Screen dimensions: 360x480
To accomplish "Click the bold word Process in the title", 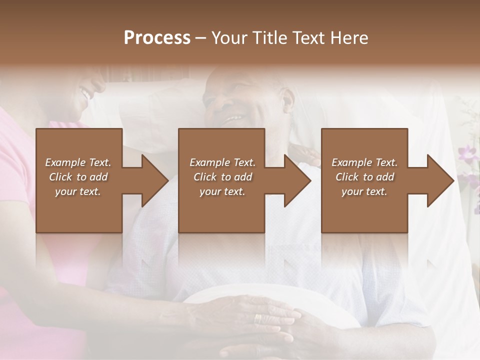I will [x=157, y=38].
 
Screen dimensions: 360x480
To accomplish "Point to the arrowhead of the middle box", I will [x=297, y=180].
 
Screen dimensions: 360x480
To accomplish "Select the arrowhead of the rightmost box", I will [x=440, y=180].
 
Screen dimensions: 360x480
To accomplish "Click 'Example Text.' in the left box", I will [x=78, y=162].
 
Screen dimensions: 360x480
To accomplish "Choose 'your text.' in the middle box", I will [x=222, y=191].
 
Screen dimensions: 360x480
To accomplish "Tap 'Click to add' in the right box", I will [x=364, y=177].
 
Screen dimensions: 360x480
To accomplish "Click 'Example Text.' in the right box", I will [x=364, y=162].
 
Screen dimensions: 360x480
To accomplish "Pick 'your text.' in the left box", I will [x=78, y=191].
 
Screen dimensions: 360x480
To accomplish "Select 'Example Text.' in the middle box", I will [x=222, y=162].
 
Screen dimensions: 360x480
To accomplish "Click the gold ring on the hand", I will [x=257, y=318].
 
